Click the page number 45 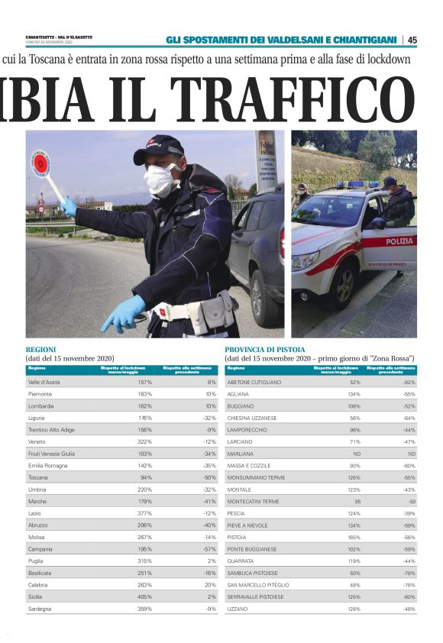click(412, 40)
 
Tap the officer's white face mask click(162, 180)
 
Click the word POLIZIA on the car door click(399, 241)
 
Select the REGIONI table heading click(41, 349)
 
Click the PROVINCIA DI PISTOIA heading click(264, 349)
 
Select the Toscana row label click(38, 477)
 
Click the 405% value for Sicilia click(144, 596)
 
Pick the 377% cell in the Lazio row click(144, 513)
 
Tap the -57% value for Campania click(209, 549)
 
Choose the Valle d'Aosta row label click(44, 382)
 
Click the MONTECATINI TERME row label click(254, 501)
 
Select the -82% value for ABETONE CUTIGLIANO click(409, 382)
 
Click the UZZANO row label click(238, 609)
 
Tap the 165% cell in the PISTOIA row click(354, 537)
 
